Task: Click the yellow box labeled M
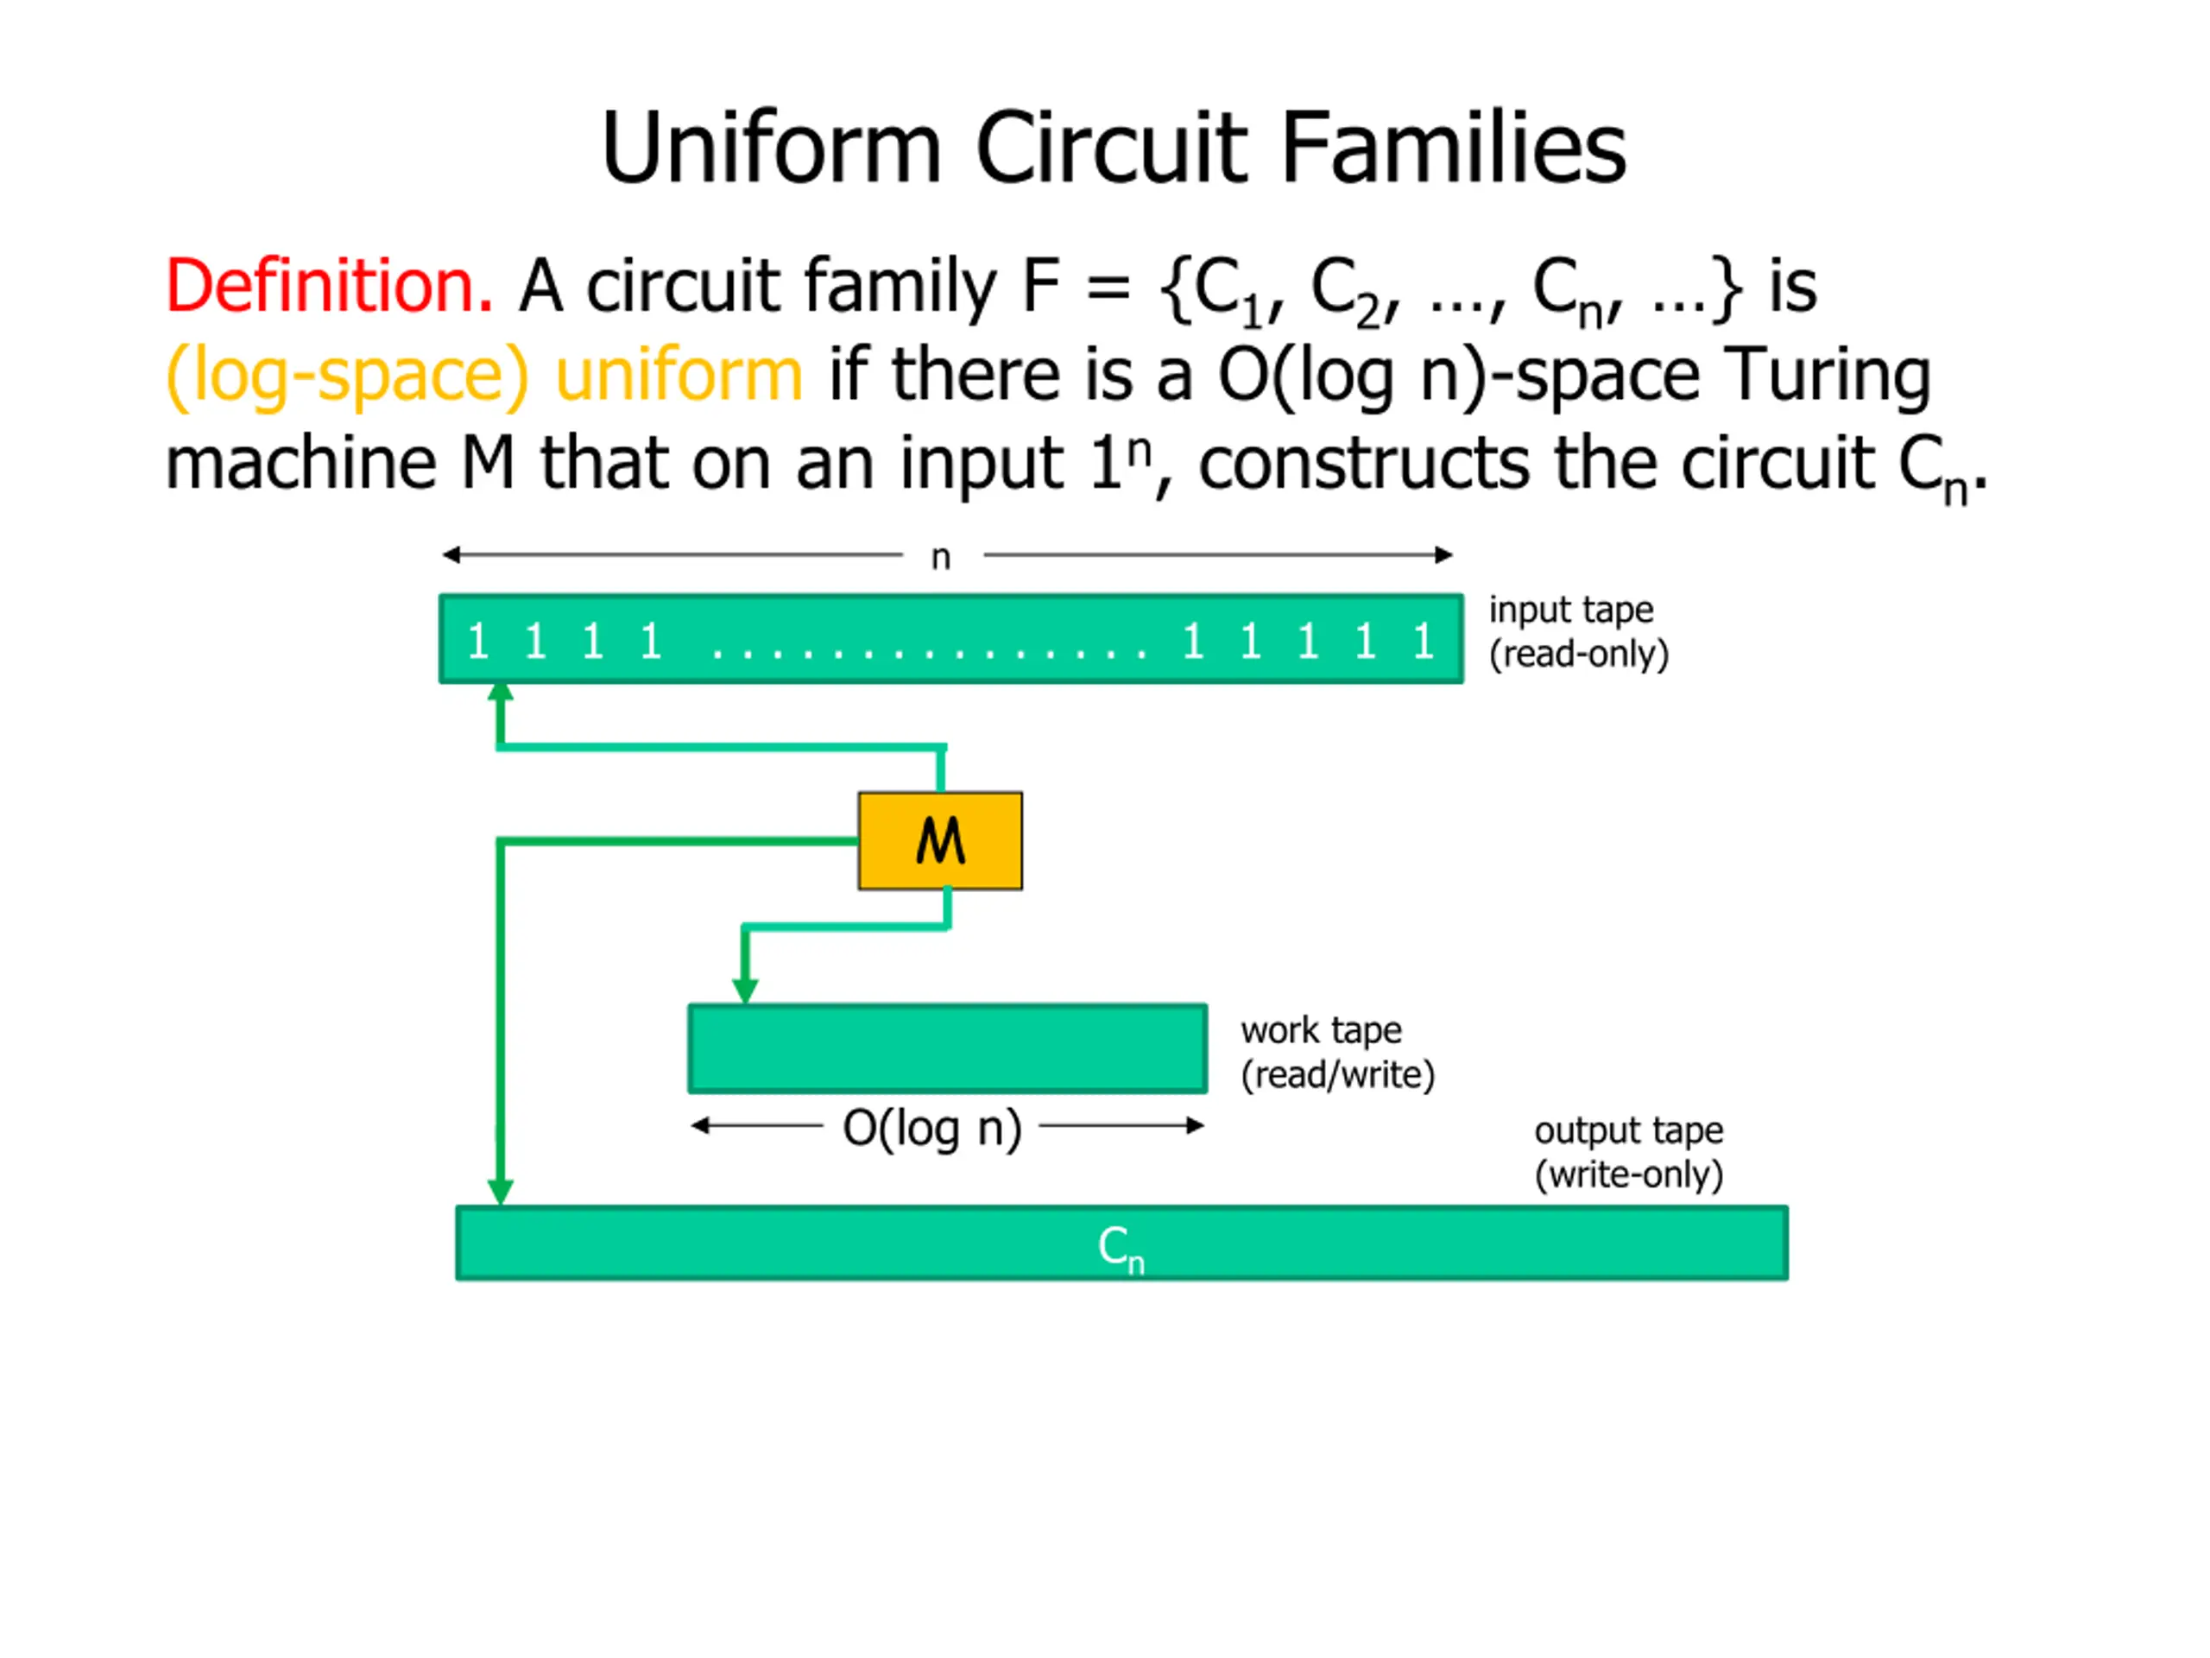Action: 939,840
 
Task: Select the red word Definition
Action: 329,287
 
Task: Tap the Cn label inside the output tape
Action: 1120,1246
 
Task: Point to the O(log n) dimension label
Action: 931,1127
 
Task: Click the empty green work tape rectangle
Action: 947,1048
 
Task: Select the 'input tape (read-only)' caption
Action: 1577,630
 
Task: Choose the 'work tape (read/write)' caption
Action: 1336,1052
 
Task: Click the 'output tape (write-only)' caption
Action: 1628,1151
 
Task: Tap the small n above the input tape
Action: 940,557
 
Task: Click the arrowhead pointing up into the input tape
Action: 501,693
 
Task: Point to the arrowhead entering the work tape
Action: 745,990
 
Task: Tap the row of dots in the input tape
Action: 929,652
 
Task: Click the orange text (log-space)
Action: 347,377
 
